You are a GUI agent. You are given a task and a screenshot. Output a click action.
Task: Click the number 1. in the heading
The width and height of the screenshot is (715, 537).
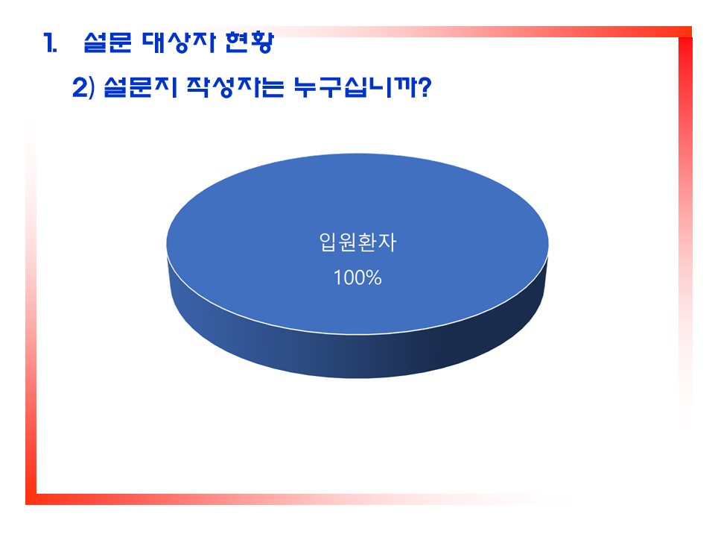coord(50,43)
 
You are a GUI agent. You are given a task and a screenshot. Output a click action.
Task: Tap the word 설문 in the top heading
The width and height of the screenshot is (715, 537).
coord(107,43)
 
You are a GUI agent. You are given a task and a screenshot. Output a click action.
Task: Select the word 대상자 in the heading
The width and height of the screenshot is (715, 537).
coord(178,43)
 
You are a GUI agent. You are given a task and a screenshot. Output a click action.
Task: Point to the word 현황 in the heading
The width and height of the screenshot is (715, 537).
coord(250,43)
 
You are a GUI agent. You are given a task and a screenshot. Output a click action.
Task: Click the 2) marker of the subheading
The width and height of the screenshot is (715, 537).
coord(83,87)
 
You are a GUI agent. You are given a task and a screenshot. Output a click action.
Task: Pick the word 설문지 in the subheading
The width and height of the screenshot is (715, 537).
coord(140,87)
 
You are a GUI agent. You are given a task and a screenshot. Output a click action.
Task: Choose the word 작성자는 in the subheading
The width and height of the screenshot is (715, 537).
coord(235,87)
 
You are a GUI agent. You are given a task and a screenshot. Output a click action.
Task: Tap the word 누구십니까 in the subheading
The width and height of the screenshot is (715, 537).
coord(355,87)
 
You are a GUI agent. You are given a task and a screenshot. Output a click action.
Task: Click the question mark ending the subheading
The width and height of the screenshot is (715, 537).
coord(425,87)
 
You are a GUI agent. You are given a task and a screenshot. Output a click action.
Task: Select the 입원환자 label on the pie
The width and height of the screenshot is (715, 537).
coord(357,242)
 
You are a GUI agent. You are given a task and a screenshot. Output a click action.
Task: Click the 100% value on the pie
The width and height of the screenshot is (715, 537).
coord(357,277)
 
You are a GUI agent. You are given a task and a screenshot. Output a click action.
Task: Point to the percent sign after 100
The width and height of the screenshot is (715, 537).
coord(374,277)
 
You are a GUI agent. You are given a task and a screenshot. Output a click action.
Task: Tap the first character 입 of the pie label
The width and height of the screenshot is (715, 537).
coord(328,242)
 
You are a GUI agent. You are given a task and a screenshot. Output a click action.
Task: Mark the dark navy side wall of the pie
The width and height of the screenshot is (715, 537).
coord(357,357)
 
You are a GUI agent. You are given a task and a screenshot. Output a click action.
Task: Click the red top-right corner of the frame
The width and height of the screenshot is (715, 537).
coord(685,32)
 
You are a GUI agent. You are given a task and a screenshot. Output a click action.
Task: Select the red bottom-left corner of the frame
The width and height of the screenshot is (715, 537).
coord(31,499)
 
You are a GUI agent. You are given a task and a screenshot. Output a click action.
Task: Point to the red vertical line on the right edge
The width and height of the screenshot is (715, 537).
coord(685,228)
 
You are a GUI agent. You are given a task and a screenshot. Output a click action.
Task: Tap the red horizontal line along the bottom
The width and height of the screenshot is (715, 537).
coord(296,499)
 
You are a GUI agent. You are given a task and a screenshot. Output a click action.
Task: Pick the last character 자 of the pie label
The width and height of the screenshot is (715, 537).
coord(387,242)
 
